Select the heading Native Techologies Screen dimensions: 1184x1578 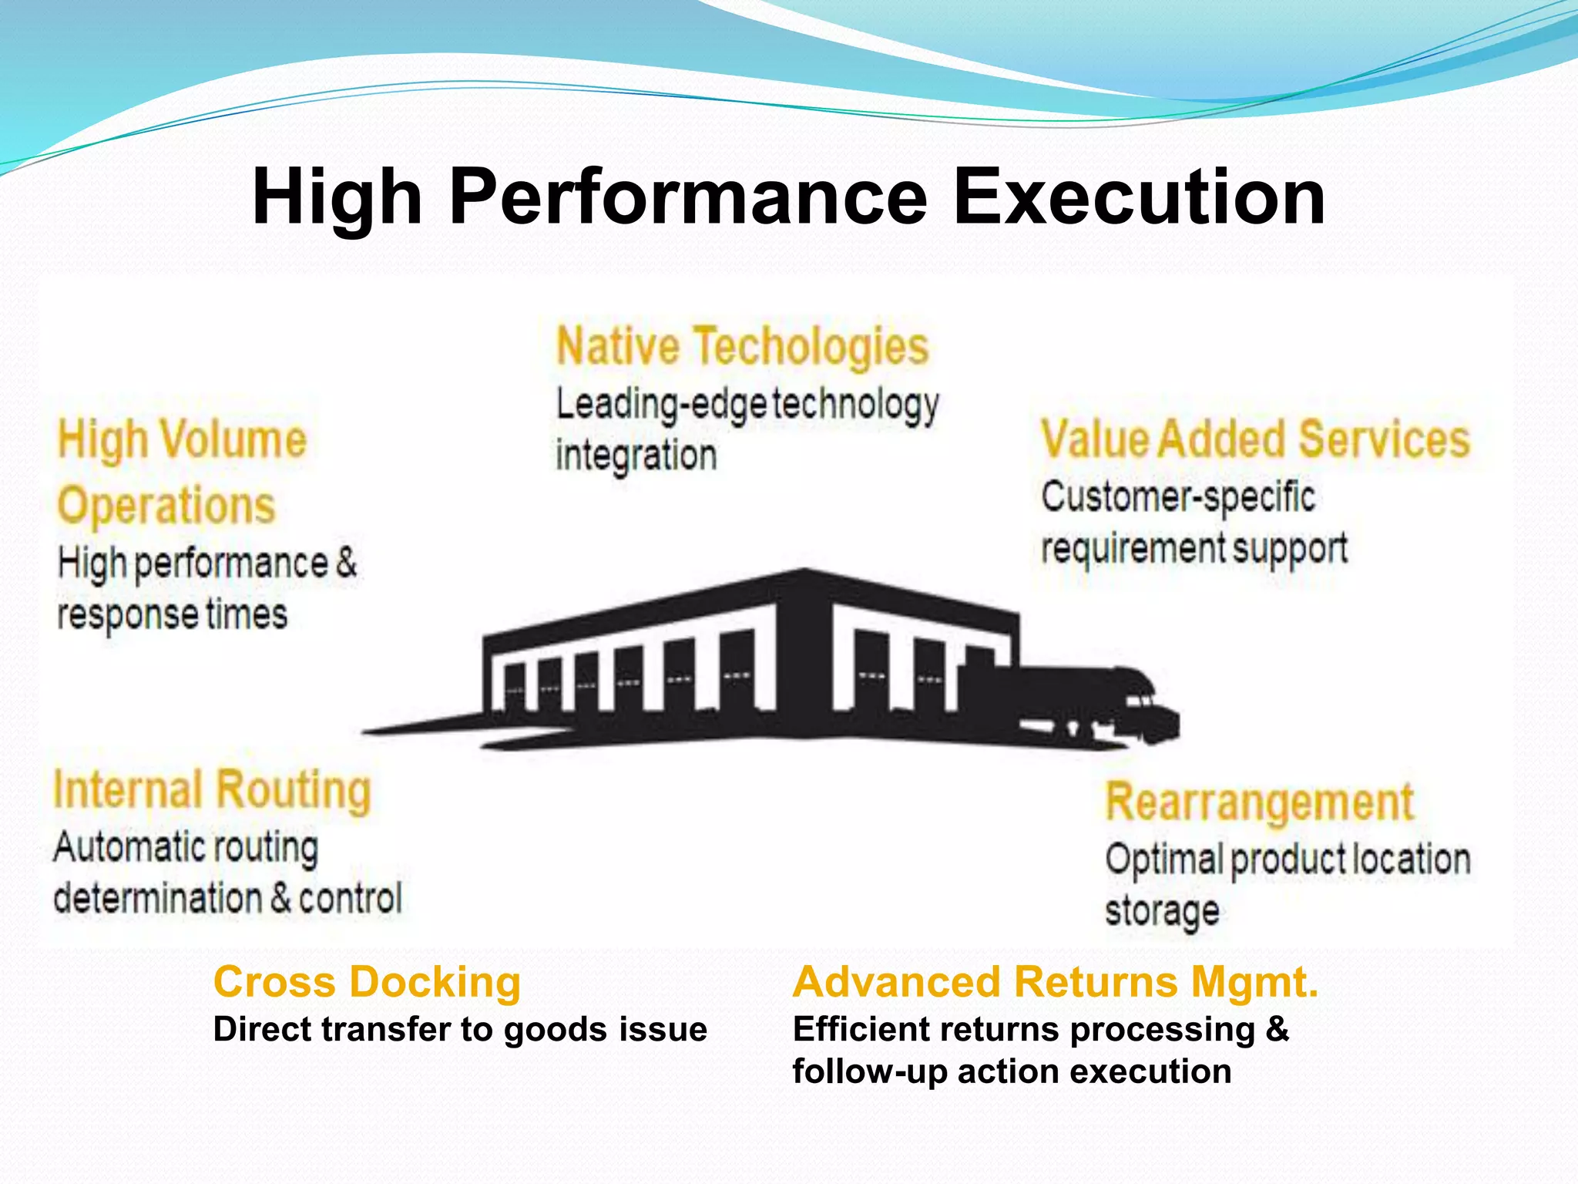742,346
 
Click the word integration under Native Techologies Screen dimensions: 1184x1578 636,455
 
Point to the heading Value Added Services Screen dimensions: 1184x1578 1255,439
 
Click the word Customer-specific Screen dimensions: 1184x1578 1177,496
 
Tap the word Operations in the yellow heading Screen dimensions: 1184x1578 166,506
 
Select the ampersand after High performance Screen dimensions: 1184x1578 347,562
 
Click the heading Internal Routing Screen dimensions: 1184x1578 212,791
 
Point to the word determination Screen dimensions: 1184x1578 158,899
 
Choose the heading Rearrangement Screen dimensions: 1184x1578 1259,802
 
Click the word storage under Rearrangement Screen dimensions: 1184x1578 1162,911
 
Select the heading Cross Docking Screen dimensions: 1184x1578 367,983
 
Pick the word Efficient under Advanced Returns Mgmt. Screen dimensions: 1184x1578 854,1030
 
